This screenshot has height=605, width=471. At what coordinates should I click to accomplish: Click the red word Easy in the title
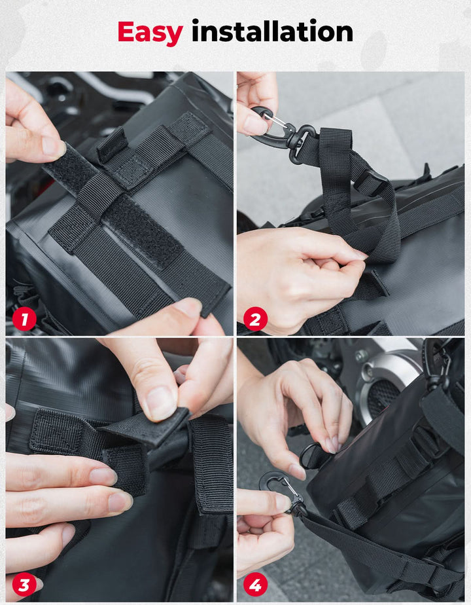point(150,33)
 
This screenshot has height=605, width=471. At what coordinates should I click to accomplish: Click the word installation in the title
point(272,31)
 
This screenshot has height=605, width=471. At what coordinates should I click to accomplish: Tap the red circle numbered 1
point(24,319)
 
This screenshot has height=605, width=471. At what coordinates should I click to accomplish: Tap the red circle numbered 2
point(255,319)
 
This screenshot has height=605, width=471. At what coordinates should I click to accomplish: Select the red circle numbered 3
point(24,585)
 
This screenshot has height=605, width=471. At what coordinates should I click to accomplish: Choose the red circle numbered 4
point(255,585)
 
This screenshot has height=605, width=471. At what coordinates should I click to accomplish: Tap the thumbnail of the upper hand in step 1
point(53,147)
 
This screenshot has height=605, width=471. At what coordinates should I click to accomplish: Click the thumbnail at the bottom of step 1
point(186,308)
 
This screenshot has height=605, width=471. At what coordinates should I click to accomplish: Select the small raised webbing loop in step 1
point(112,144)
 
